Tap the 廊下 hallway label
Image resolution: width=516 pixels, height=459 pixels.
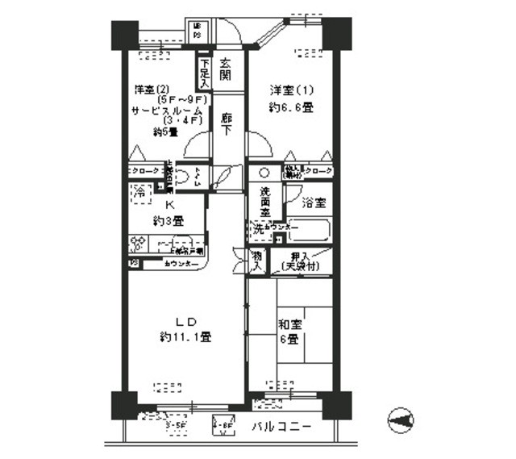pos(227,122)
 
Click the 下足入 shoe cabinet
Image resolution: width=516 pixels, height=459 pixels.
pos(204,72)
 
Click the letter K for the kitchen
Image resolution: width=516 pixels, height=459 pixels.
pos(169,205)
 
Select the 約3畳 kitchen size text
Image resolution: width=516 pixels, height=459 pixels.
pos(169,219)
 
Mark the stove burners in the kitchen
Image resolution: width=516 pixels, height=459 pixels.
pos(138,243)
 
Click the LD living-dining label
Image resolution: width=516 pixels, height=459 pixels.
pos(185,322)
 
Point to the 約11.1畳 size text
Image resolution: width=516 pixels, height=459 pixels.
pos(185,337)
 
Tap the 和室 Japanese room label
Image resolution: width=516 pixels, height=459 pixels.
pos(289,325)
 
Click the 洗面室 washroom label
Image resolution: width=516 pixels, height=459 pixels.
pos(264,202)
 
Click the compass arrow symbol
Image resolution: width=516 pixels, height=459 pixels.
pos(400,419)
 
